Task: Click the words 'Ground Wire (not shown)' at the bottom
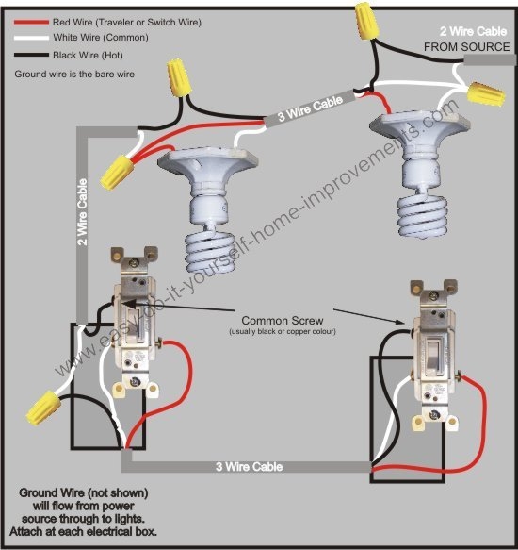[x=84, y=494]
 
